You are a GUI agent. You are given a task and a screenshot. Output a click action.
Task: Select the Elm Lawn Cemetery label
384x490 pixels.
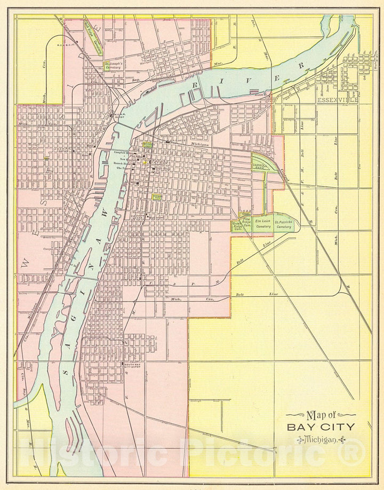click(x=263, y=223)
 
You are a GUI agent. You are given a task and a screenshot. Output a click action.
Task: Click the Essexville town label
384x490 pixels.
click(x=338, y=100)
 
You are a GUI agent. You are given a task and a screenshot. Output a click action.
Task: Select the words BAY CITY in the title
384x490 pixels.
click(x=320, y=426)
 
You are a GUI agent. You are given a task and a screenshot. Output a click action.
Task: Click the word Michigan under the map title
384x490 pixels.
click(x=319, y=439)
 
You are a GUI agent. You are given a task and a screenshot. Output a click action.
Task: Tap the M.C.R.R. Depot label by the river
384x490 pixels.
click(x=120, y=115)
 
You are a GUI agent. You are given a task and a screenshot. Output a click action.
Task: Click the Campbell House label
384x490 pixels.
click(x=124, y=152)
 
